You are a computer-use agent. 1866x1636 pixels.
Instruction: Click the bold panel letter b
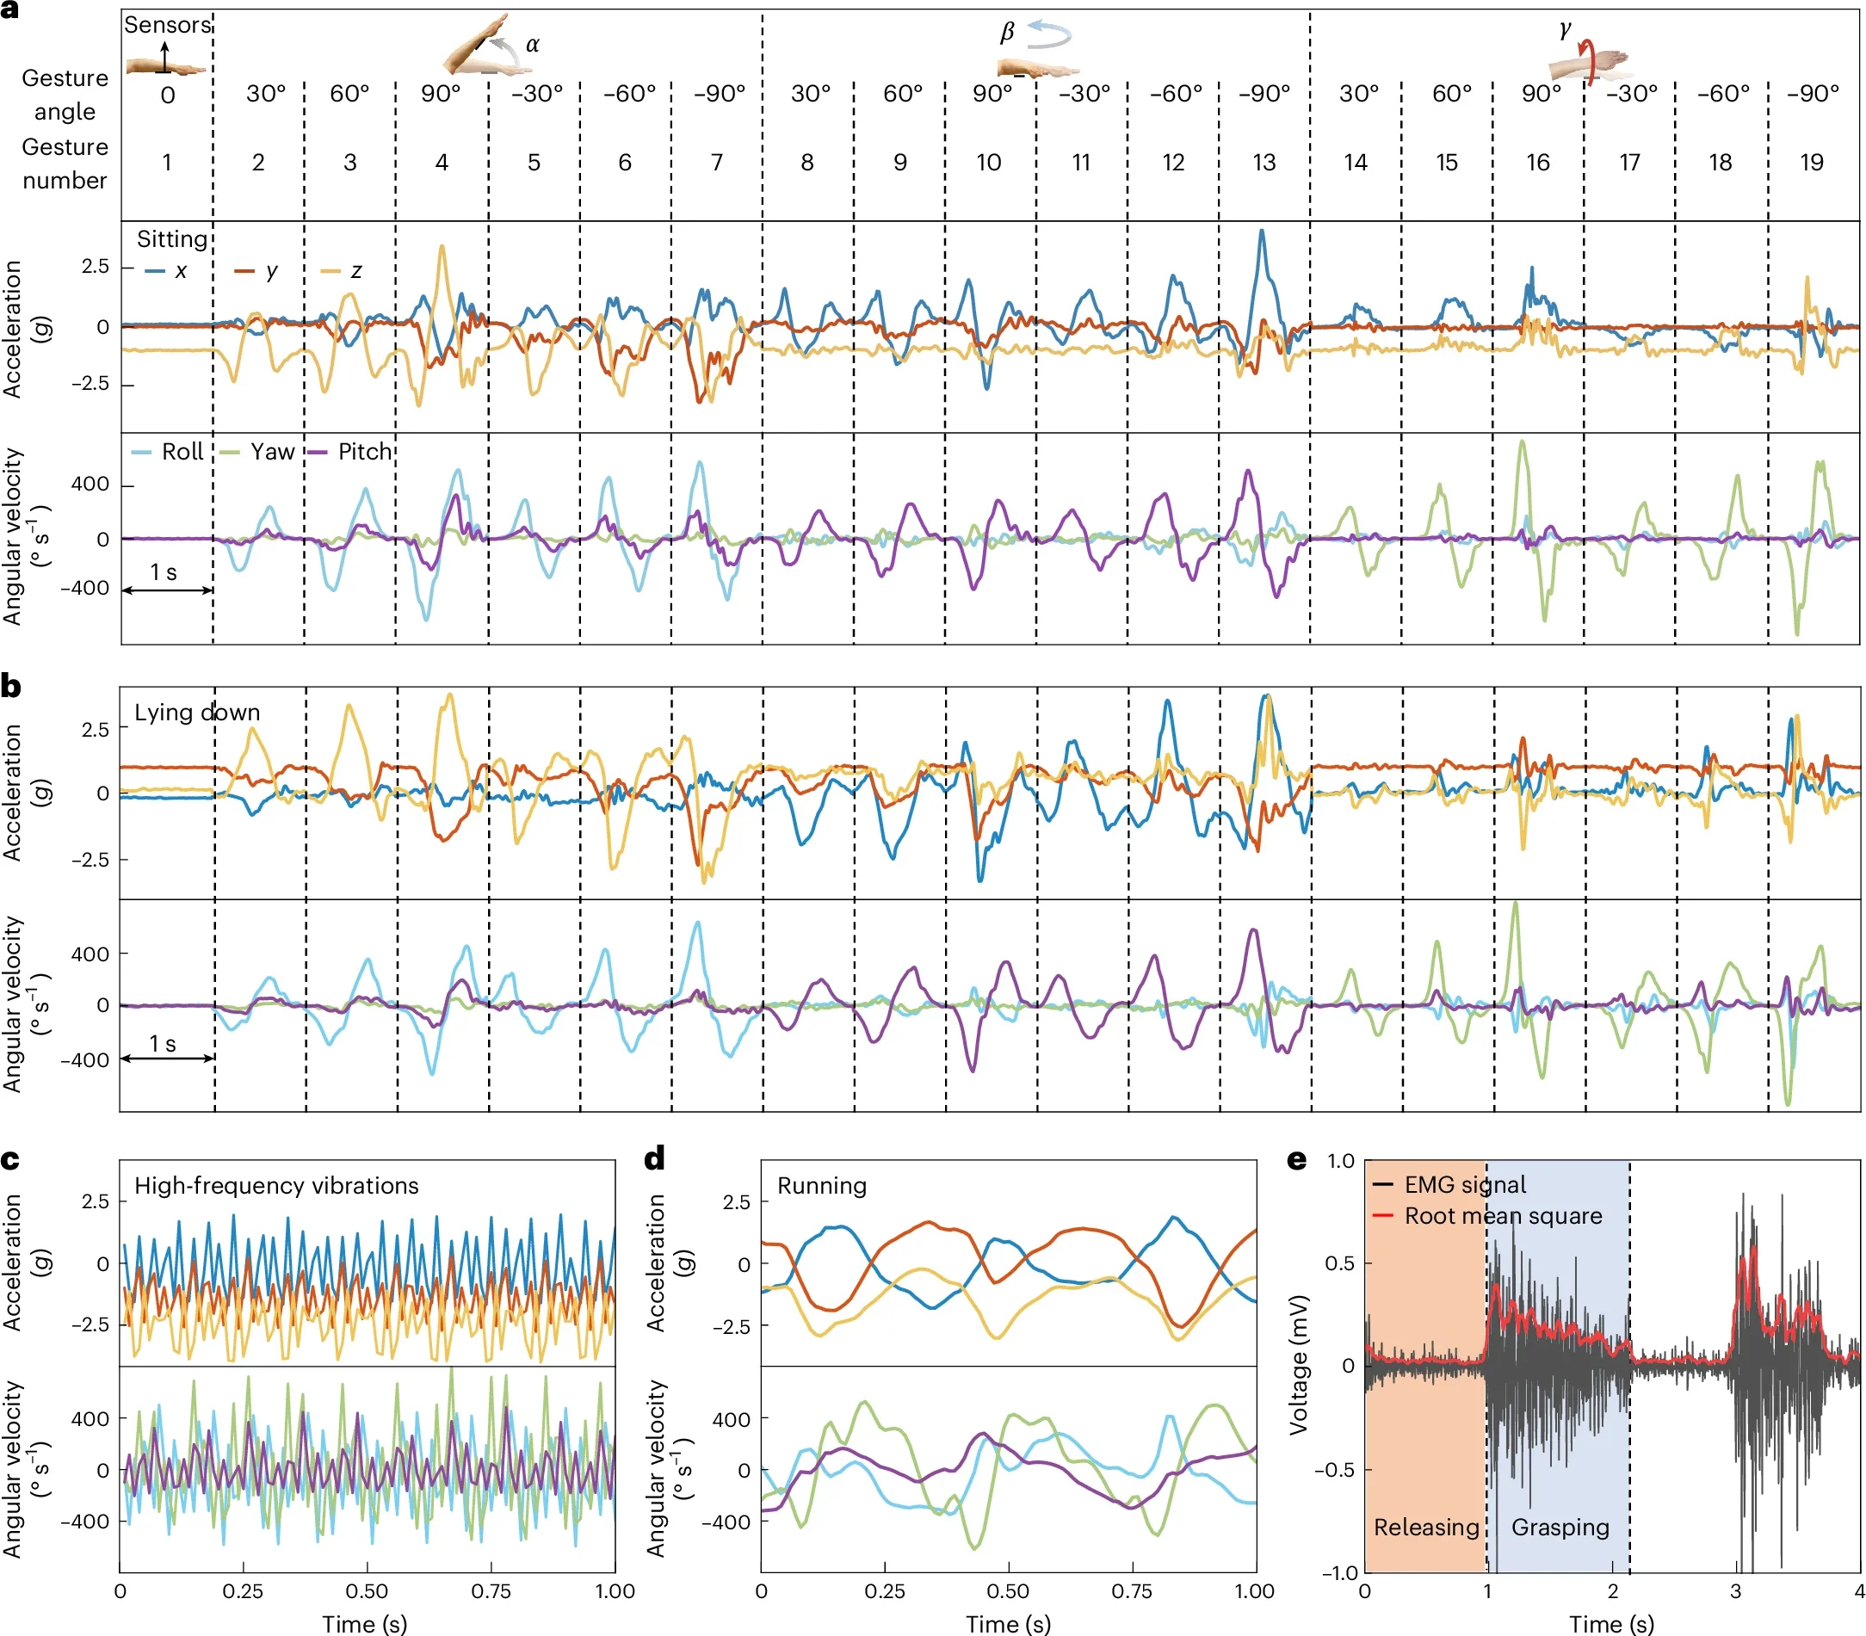pyautogui.click(x=11, y=687)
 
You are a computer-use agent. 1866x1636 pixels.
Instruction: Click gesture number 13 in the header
pyautogui.click(x=1264, y=163)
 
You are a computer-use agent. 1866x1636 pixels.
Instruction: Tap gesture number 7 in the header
pyautogui.click(x=717, y=163)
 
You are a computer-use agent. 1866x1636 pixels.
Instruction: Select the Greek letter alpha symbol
pyautogui.click(x=532, y=45)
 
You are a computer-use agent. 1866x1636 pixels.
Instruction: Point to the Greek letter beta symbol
pyautogui.click(x=1007, y=33)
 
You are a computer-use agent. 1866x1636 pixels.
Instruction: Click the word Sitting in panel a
pyautogui.click(x=172, y=239)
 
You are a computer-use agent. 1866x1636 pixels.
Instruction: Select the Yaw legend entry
pyautogui.click(x=271, y=452)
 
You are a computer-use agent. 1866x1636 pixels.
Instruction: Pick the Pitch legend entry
pyautogui.click(x=363, y=452)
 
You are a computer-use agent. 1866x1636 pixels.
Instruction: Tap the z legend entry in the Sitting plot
pyautogui.click(x=355, y=271)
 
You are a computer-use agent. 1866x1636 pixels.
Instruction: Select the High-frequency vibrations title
pyautogui.click(x=276, y=1185)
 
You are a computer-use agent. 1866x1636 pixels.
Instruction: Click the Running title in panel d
pyautogui.click(x=822, y=1185)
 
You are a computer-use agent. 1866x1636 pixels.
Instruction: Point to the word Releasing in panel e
pyautogui.click(x=1426, y=1528)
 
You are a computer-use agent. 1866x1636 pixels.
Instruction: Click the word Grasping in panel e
pyautogui.click(x=1560, y=1528)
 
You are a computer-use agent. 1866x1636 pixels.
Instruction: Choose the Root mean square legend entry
pyautogui.click(x=1503, y=1216)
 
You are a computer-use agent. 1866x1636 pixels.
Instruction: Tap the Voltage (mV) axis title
pyautogui.click(x=1299, y=1365)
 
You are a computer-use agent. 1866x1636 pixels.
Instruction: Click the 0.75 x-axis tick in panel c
pyautogui.click(x=491, y=1591)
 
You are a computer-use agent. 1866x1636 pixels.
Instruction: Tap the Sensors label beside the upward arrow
pyautogui.click(x=167, y=25)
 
